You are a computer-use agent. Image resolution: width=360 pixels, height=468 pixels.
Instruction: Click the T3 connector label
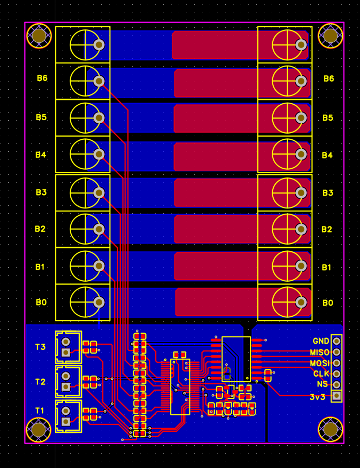click(x=40, y=347)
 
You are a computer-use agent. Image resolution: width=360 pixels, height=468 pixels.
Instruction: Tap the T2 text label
click(x=40, y=382)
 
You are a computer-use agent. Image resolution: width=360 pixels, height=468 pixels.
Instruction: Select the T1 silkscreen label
click(x=40, y=410)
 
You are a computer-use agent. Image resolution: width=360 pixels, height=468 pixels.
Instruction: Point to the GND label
click(x=321, y=341)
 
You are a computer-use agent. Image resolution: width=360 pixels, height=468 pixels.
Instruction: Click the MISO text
click(x=320, y=352)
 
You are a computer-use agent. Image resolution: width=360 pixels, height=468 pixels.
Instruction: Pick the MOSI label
click(x=320, y=363)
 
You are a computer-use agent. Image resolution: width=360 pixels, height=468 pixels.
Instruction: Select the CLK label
click(x=321, y=374)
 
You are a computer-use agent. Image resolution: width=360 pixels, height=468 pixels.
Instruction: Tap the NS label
click(x=322, y=385)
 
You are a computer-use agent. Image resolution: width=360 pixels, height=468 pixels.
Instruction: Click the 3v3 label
click(x=318, y=397)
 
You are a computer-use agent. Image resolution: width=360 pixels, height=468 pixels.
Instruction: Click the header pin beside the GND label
click(x=337, y=341)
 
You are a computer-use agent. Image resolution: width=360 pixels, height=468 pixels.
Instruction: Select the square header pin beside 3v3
click(x=337, y=396)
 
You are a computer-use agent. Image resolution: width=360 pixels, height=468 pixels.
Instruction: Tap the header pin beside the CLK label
click(x=337, y=374)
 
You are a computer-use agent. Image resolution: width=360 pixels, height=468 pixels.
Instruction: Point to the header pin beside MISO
click(x=337, y=352)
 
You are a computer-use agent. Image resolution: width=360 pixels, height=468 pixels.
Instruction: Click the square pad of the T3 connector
click(x=66, y=353)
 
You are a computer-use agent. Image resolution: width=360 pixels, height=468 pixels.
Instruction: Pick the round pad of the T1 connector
click(x=66, y=411)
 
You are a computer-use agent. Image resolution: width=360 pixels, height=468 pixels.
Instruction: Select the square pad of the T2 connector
click(x=66, y=387)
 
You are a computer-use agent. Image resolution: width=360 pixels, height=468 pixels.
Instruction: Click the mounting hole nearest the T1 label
click(x=39, y=429)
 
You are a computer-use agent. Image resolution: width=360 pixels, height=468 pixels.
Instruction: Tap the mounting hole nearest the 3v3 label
click(x=331, y=428)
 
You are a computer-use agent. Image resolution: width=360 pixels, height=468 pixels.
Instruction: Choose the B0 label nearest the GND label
click(x=328, y=303)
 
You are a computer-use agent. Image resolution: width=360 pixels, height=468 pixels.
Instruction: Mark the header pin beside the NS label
click(x=337, y=385)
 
